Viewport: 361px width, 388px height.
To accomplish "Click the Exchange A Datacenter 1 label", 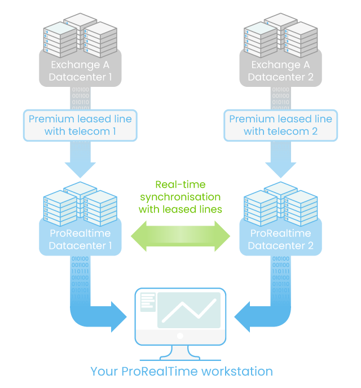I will pyautogui.click(x=80, y=70).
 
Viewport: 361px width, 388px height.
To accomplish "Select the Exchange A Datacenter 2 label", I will pyautogui.click(x=280, y=70).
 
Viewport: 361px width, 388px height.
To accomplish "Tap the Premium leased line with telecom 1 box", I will pyautogui.click(x=80, y=125).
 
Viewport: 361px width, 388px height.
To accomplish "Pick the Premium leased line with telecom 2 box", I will pyautogui.click(x=280, y=125).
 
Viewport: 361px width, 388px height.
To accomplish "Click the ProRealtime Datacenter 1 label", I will pyautogui.click(x=80, y=239).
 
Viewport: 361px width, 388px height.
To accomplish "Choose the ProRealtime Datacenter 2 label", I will pyautogui.click(x=280, y=239).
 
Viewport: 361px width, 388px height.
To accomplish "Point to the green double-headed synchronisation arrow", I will pyautogui.click(x=180, y=235).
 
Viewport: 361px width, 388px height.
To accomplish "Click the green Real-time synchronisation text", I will pyautogui.click(x=180, y=197).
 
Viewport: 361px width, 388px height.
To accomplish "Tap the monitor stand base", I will pyautogui.click(x=180, y=355).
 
